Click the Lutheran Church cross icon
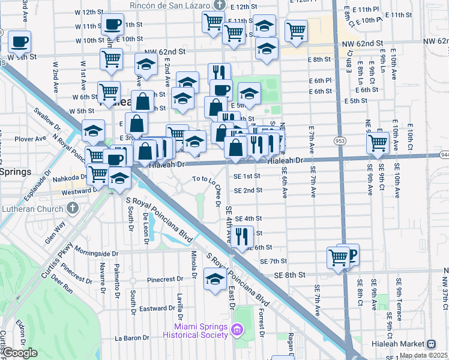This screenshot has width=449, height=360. (73, 208)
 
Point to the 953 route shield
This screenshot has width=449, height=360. (340, 139)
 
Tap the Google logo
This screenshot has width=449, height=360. (19, 353)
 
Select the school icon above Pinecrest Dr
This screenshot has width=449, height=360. (215, 278)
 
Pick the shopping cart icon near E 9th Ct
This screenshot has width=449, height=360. (378, 142)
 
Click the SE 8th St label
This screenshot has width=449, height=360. (290, 274)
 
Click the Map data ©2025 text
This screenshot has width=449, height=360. (423, 355)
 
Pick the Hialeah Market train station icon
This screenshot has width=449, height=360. (430, 344)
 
